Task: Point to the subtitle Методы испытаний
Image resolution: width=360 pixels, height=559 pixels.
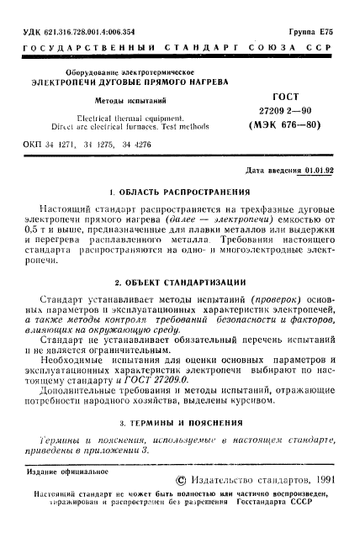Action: click(121, 100)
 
